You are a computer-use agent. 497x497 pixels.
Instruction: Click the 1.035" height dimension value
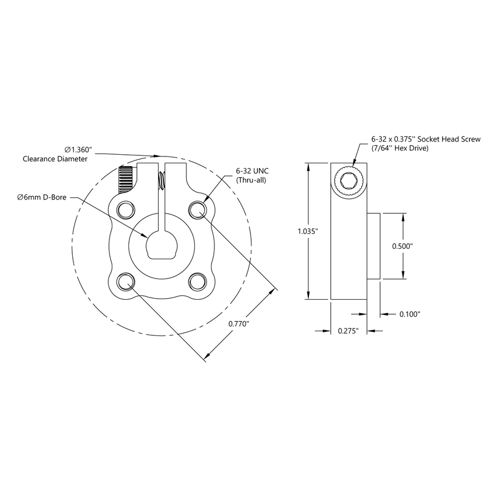click(308, 231)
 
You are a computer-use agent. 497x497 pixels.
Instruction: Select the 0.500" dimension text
click(404, 245)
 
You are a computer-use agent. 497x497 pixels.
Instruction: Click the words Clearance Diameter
click(55, 159)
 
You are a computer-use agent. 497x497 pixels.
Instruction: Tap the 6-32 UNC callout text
click(252, 171)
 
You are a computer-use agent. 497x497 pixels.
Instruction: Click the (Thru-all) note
click(252, 180)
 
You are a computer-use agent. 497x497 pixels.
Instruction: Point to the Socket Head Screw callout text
click(425, 139)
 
